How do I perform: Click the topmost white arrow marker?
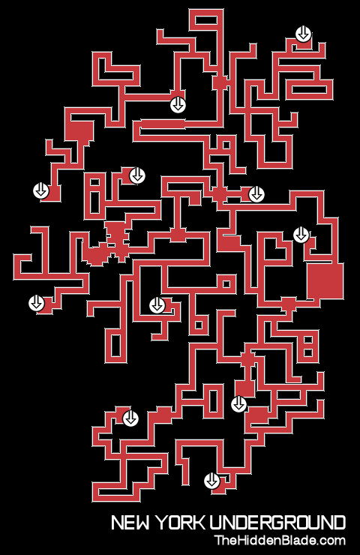[303, 34]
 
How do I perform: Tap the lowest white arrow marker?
[212, 481]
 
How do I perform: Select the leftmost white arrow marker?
[36, 303]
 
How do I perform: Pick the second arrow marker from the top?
[178, 105]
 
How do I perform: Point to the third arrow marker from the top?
[137, 175]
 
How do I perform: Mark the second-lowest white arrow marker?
[130, 418]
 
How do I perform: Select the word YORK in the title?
[181, 523]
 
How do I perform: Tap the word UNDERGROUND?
[277, 523]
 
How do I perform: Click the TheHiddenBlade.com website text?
[280, 541]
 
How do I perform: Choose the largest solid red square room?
[325, 281]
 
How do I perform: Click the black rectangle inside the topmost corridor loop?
[206, 20]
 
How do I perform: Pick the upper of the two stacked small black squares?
[308, 340]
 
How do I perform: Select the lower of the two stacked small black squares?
[308, 353]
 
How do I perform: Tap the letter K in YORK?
[199, 523]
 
